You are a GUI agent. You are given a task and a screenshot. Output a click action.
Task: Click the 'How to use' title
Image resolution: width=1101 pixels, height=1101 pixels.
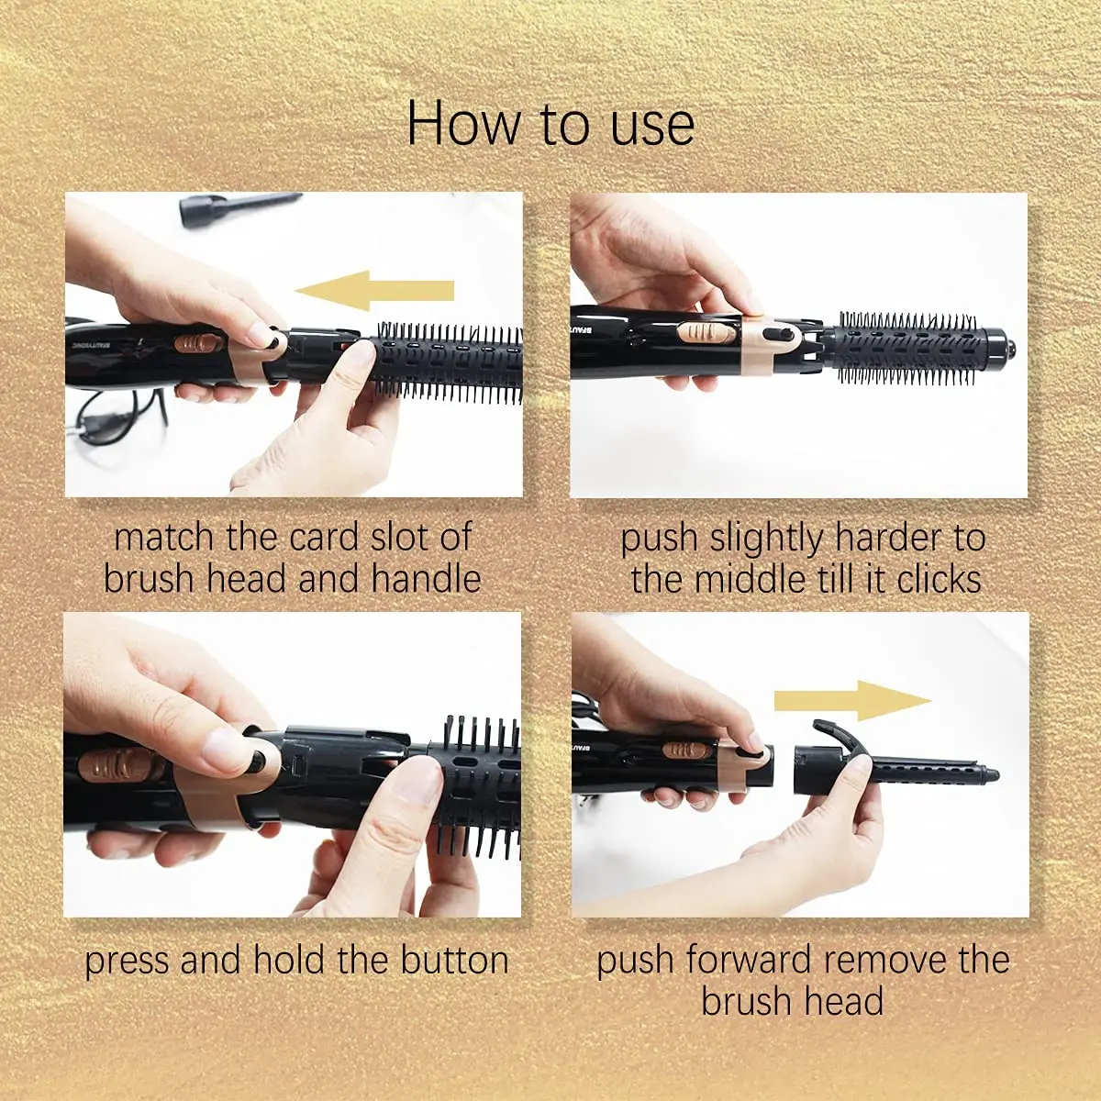click(x=550, y=124)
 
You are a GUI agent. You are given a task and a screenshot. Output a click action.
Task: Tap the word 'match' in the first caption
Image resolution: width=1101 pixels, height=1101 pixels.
click(x=164, y=538)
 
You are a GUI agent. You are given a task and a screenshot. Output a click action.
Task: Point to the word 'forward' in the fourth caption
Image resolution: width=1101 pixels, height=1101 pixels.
click(x=744, y=961)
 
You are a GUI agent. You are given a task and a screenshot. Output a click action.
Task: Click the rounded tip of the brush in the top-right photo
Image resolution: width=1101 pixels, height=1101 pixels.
click(x=1008, y=348)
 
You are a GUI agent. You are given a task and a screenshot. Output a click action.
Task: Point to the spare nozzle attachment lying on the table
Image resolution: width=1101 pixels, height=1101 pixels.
click(x=239, y=206)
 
